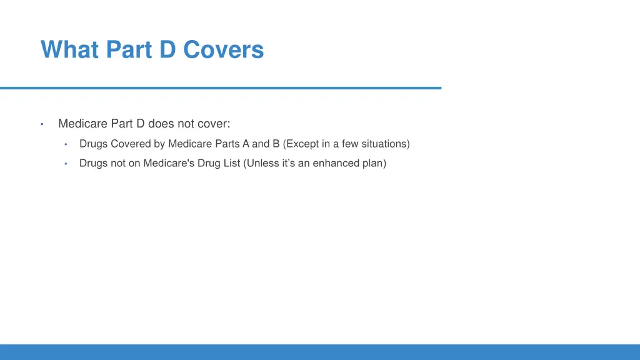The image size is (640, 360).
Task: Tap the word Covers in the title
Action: click(x=224, y=49)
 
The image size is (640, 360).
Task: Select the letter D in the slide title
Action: click(x=167, y=49)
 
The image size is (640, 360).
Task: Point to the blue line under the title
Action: click(x=220, y=88)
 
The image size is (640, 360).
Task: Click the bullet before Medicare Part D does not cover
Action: click(x=41, y=124)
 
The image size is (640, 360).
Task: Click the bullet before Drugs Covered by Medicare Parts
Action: click(x=65, y=144)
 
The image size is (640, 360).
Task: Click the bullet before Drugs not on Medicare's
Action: click(x=65, y=164)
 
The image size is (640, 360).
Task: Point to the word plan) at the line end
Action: click(x=374, y=163)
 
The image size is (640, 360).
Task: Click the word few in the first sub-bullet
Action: click(x=349, y=144)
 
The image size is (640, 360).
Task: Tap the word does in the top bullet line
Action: click(x=161, y=123)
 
